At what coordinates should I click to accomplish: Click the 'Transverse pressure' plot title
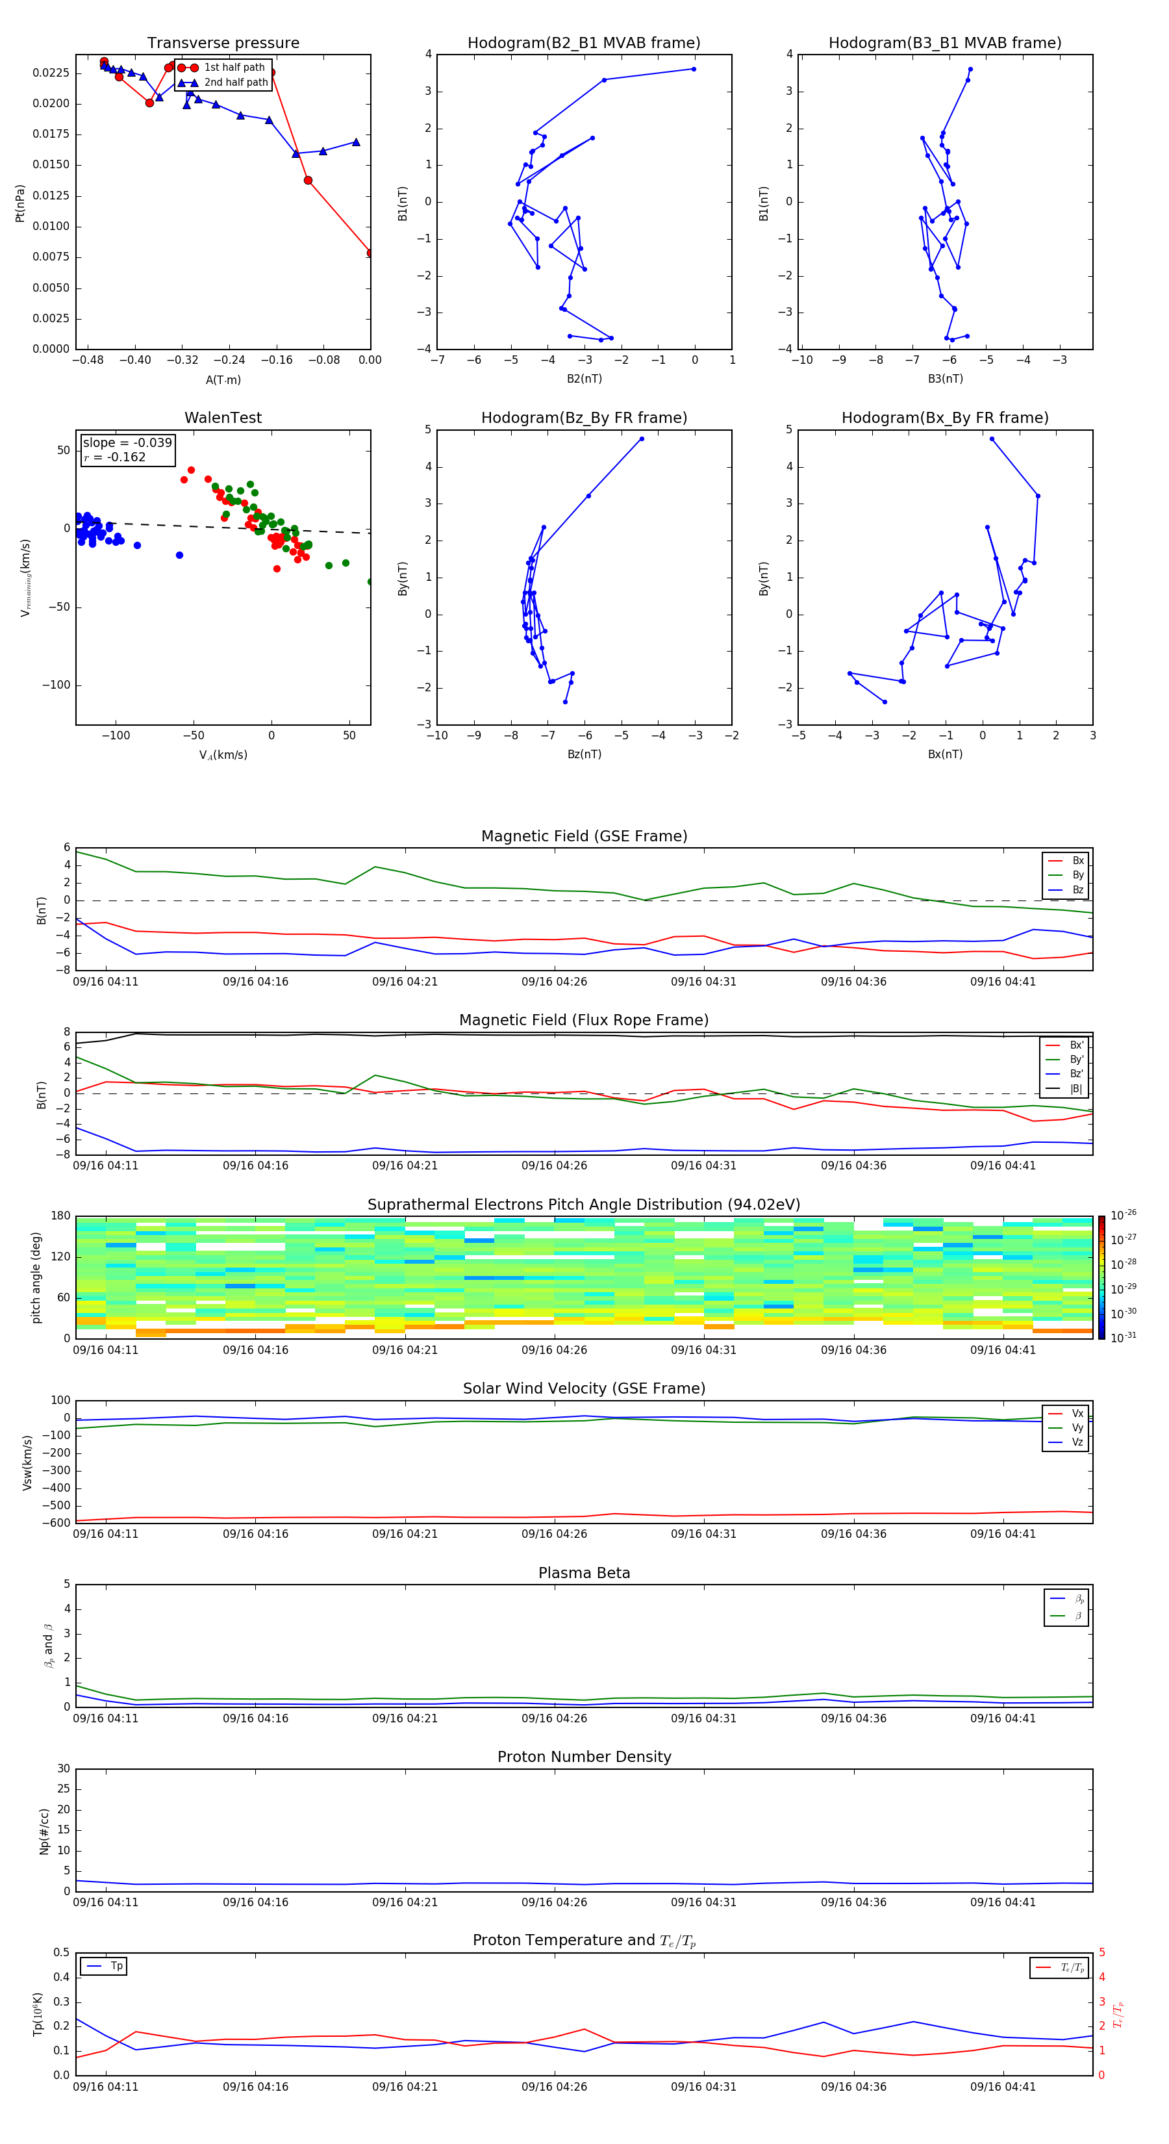pyautogui.click(x=223, y=44)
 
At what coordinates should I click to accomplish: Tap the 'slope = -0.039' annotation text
pyautogui.click(x=127, y=443)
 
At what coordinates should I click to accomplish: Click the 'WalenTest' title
pyautogui.click(x=223, y=418)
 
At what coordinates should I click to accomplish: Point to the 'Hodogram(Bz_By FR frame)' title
pyautogui.click(x=584, y=418)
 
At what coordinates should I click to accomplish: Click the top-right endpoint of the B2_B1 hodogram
pyautogui.click(x=694, y=69)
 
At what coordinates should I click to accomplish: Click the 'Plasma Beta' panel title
pyautogui.click(x=584, y=1573)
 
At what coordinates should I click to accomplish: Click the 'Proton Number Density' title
pyautogui.click(x=584, y=1757)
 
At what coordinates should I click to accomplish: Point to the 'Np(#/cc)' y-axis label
pyautogui.click(x=45, y=1831)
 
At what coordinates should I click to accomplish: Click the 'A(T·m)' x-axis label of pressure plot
pyautogui.click(x=223, y=379)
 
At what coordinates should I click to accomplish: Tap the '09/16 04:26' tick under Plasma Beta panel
pyautogui.click(x=554, y=1718)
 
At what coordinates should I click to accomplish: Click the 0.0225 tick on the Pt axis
pyautogui.click(x=51, y=73)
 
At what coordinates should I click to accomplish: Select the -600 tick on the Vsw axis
pyautogui.click(x=57, y=1523)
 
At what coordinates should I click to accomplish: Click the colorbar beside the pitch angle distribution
pyautogui.click(x=1101, y=1277)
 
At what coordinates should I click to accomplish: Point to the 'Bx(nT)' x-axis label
pyautogui.click(x=945, y=754)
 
